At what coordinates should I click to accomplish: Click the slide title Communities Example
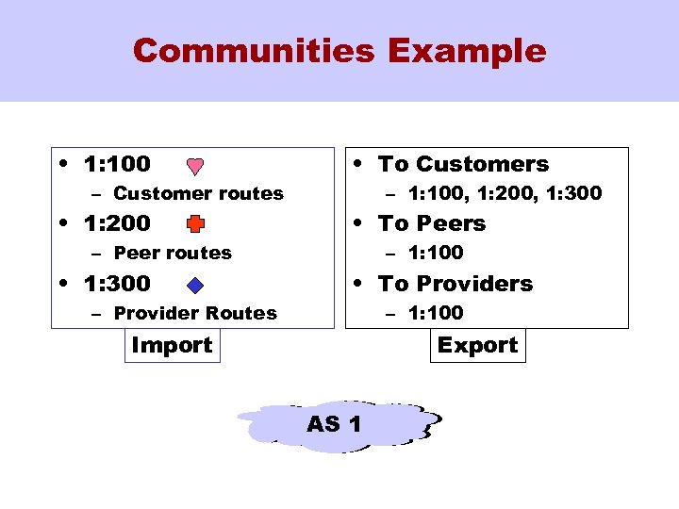click(x=339, y=50)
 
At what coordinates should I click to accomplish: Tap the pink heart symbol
click(x=194, y=167)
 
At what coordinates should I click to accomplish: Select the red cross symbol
click(x=194, y=224)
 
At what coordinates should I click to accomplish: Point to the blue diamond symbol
click(x=194, y=285)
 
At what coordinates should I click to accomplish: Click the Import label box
click(x=173, y=345)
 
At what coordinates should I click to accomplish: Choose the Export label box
click(x=477, y=345)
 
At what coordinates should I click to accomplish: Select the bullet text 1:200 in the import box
click(x=117, y=223)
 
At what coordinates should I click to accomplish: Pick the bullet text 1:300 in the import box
click(x=117, y=284)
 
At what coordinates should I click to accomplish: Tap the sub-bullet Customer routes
click(x=198, y=193)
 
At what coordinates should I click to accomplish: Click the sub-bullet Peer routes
click(x=172, y=253)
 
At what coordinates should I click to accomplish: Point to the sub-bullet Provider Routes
click(x=195, y=313)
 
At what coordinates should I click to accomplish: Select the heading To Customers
click(x=463, y=164)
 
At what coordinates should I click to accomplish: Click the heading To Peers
click(x=432, y=223)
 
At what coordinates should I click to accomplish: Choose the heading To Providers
click(x=455, y=284)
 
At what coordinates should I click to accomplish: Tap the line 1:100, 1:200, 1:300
click(x=505, y=193)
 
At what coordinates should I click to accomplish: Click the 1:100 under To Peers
click(x=436, y=253)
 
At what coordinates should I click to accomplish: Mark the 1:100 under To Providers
click(x=436, y=313)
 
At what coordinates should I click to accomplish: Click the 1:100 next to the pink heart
click(x=117, y=164)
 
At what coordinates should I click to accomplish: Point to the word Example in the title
click(x=465, y=50)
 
